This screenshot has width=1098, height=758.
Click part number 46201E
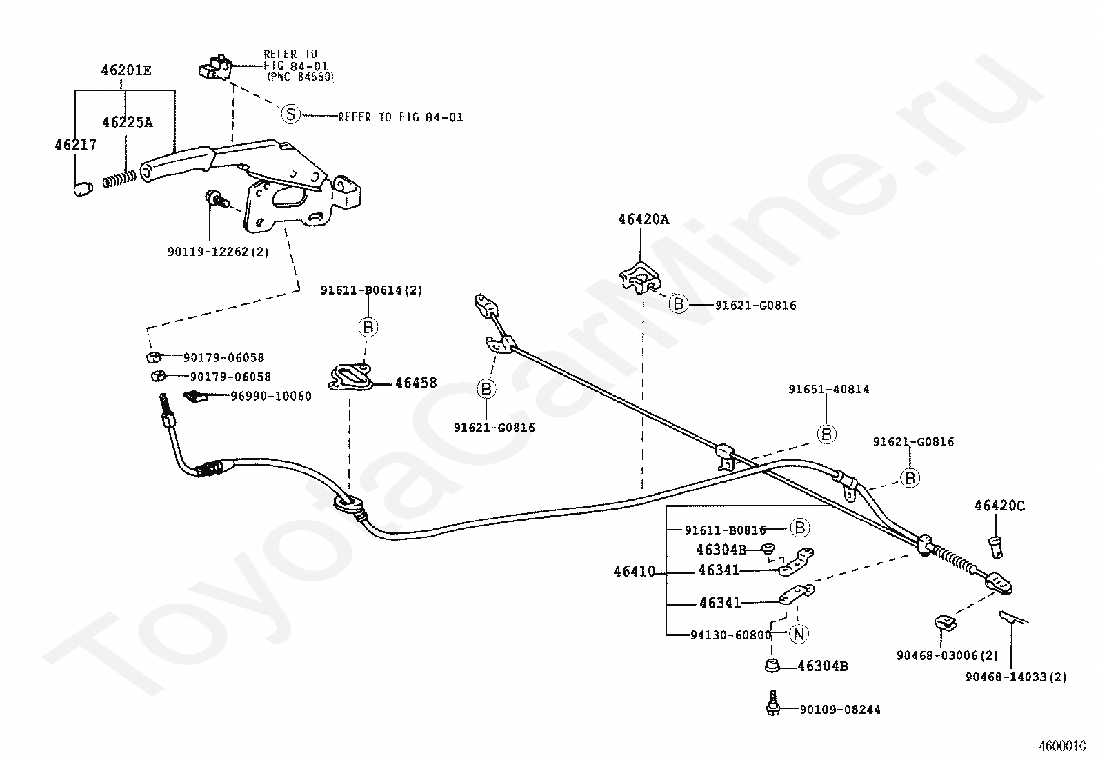tap(126, 70)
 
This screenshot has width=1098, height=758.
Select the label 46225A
tap(128, 122)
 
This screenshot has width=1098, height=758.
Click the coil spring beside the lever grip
tap(119, 179)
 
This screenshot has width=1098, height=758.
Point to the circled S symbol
tap(290, 114)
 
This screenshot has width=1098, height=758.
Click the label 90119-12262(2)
tap(218, 252)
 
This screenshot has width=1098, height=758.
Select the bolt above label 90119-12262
tap(215, 198)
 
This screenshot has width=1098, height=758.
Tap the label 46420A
tap(643, 219)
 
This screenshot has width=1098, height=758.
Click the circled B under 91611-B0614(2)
tap(368, 326)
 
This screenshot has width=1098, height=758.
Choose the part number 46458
tap(416, 382)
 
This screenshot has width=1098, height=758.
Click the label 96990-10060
tap(271, 396)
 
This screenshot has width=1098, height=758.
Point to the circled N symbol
tap(799, 634)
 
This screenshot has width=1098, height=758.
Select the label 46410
tap(635, 571)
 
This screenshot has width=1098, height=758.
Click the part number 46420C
tap(999, 506)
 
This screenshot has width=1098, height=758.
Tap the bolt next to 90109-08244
tap(772, 703)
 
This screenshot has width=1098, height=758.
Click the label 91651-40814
tap(829, 389)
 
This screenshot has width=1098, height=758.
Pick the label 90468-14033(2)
tap(1016, 677)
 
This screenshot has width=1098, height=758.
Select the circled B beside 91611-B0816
tap(799, 528)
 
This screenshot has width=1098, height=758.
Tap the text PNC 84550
tap(300, 77)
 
